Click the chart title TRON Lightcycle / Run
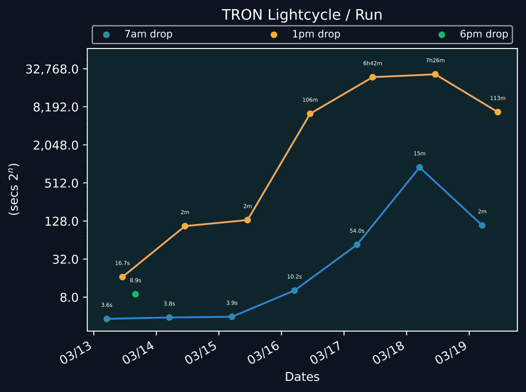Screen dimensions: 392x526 coord(302,15)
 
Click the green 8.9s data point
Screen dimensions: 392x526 coord(135,294)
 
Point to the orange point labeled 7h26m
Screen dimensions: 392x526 coord(435,75)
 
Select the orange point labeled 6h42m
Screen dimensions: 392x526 coord(373,77)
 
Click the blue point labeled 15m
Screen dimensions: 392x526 coord(420,167)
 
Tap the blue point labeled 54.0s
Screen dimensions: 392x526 coord(357,244)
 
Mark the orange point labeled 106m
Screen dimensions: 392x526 coord(310,114)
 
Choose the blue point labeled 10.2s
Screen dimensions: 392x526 coord(294,290)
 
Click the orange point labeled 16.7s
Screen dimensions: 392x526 coord(122,277)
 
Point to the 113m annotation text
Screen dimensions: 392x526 coord(497,98)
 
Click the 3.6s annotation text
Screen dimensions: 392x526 coord(106,305)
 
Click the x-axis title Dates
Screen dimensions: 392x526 coord(302,377)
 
